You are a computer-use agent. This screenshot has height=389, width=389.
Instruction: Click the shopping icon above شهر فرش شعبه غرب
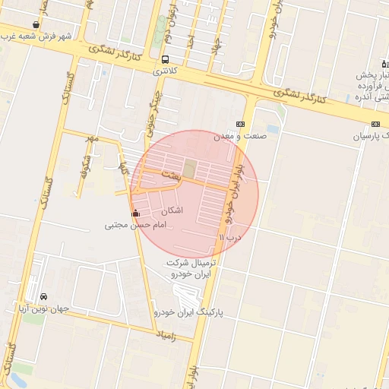(x=36, y=24)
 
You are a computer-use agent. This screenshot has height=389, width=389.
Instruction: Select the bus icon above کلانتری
(x=166, y=59)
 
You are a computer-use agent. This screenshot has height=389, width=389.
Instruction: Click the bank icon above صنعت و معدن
(x=240, y=124)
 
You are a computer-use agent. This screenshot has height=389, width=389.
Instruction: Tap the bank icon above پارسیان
(x=375, y=124)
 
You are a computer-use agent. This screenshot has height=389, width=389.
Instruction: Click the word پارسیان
(x=370, y=136)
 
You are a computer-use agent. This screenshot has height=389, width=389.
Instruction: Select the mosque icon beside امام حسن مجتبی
(x=136, y=213)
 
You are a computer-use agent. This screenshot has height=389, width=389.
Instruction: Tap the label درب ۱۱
(x=229, y=237)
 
